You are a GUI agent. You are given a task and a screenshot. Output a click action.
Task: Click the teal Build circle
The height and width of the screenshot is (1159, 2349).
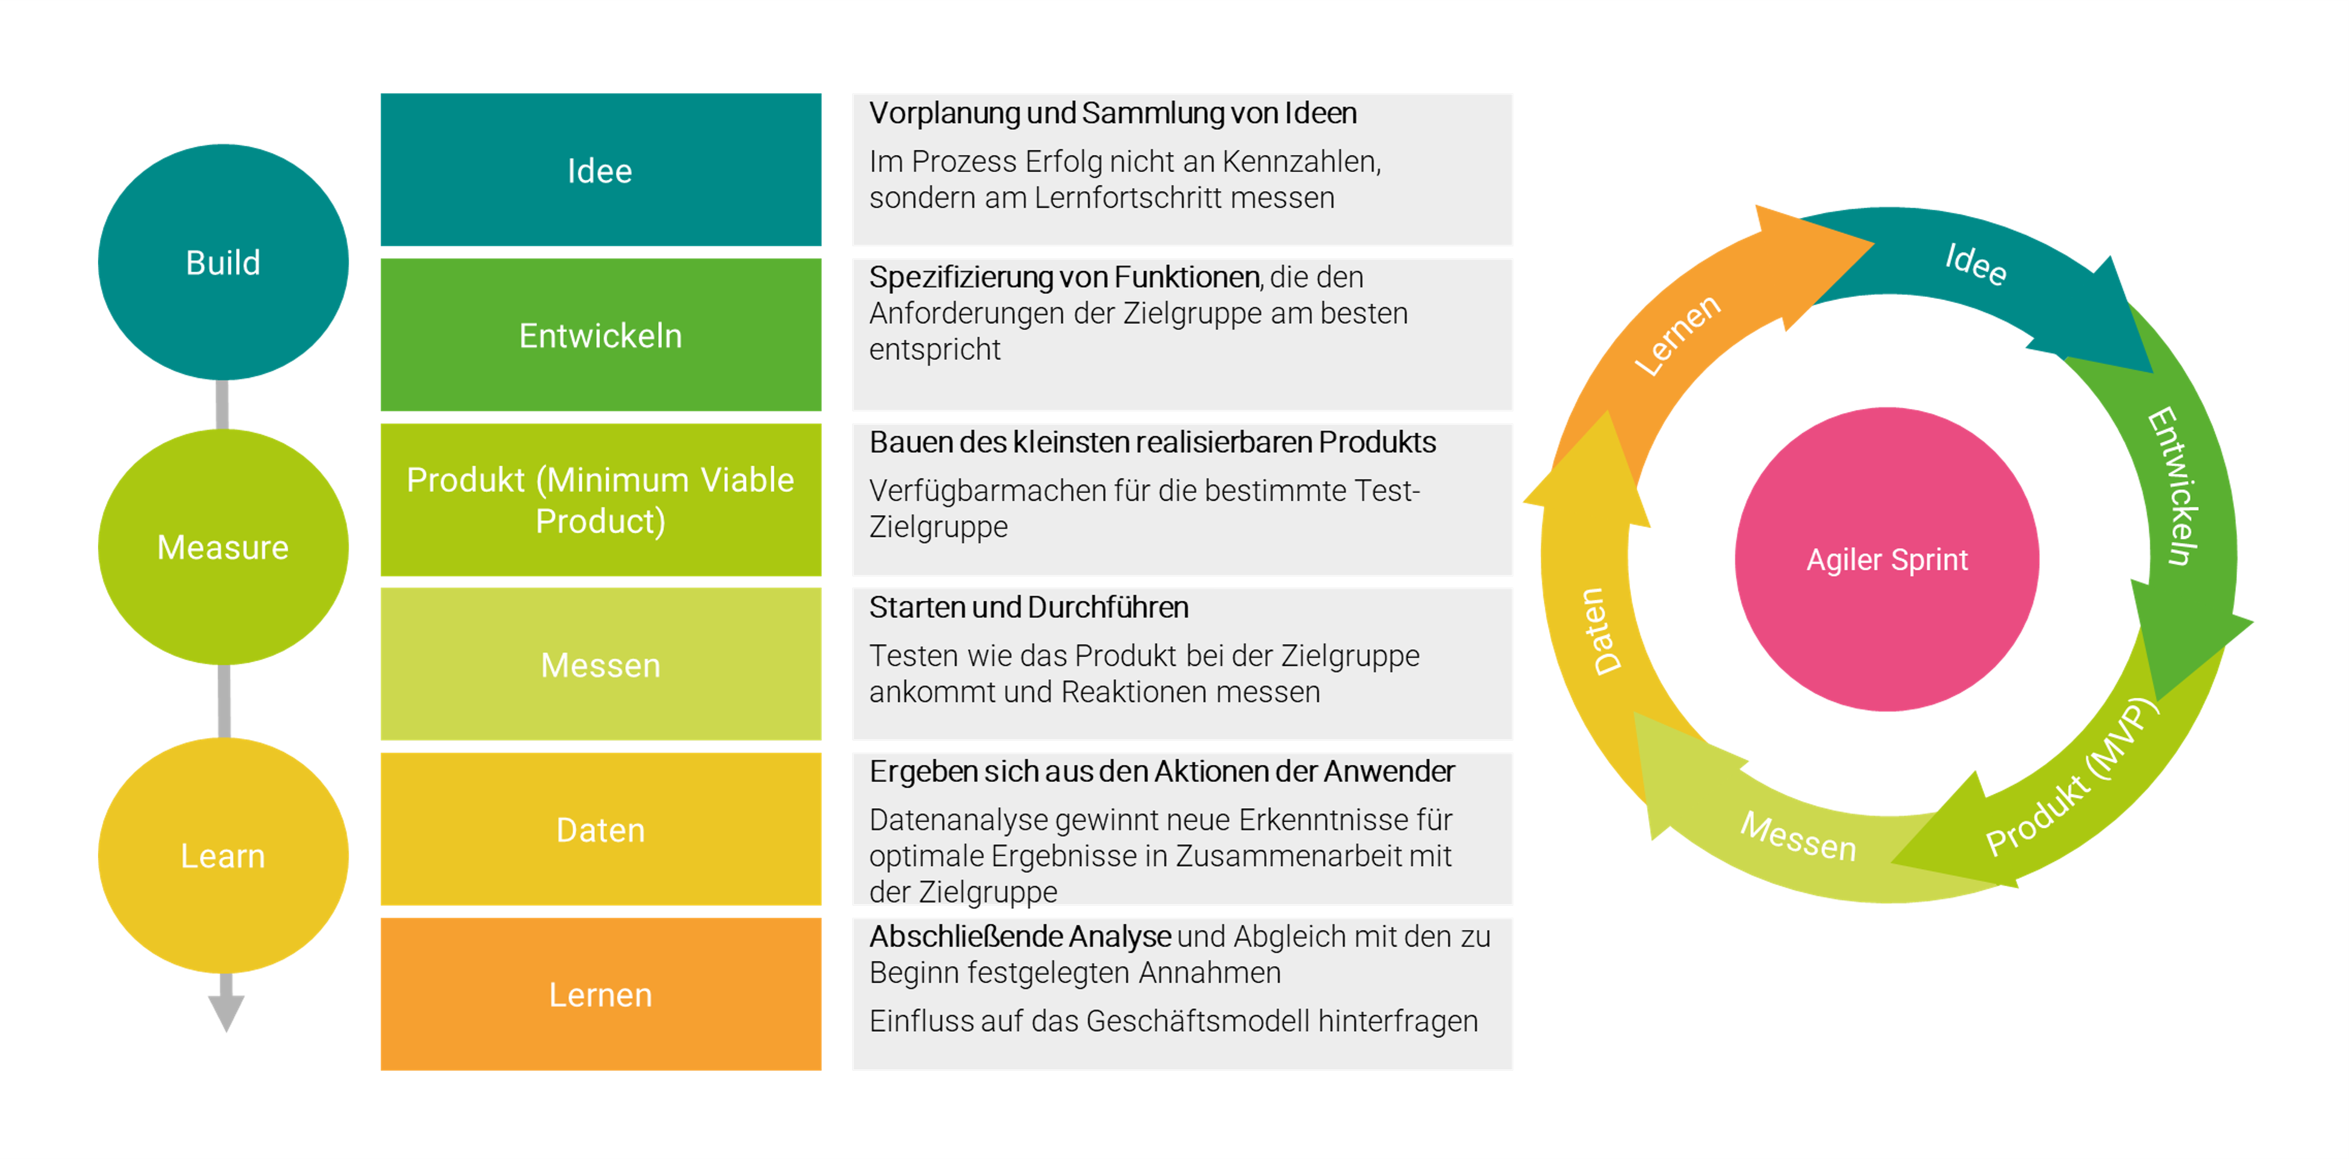[x=223, y=263]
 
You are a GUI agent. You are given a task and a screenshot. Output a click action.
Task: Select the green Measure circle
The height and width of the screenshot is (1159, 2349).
[x=223, y=547]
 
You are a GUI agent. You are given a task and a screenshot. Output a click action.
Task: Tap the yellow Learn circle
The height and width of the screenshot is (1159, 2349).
[x=223, y=855]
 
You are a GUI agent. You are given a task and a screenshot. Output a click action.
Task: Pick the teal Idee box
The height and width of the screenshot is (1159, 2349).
[x=601, y=169]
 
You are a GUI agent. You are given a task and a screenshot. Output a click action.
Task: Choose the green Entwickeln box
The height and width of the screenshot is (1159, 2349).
[x=601, y=335]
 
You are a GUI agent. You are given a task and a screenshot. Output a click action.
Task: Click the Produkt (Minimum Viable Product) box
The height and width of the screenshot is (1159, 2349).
[x=601, y=500]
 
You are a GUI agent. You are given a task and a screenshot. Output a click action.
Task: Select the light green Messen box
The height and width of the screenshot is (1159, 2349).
[x=601, y=665]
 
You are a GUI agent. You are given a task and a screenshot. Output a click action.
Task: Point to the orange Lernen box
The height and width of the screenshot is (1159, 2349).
[x=601, y=994]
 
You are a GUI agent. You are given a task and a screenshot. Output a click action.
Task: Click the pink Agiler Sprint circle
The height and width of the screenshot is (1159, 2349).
[x=1887, y=559]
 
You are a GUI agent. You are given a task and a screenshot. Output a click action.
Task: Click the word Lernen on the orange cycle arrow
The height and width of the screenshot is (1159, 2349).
[x=1676, y=335]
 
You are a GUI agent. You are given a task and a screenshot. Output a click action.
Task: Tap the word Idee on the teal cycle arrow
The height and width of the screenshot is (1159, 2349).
[x=1976, y=264]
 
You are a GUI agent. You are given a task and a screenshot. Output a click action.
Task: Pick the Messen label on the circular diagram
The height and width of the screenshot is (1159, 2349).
[x=1798, y=836]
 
